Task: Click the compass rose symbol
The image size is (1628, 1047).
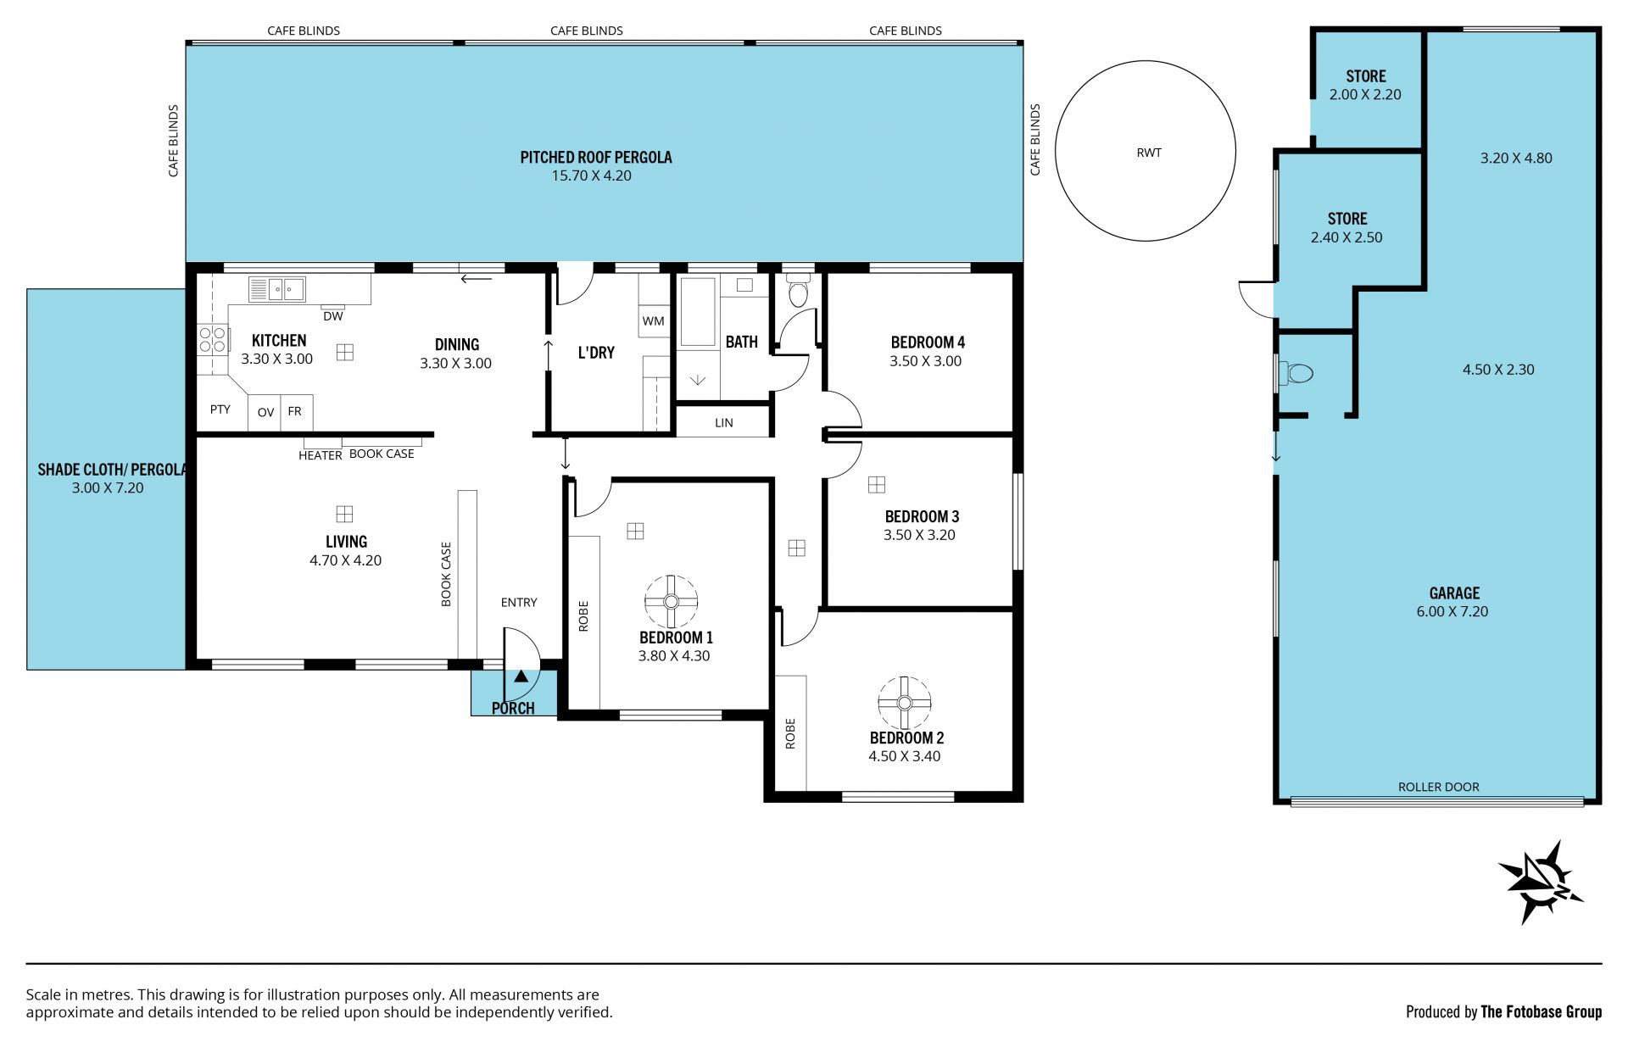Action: pos(1540,883)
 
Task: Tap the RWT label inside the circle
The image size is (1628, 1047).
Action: pos(1149,153)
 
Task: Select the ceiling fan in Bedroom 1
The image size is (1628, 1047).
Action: pos(671,602)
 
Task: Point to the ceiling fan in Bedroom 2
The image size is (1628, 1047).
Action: pos(904,702)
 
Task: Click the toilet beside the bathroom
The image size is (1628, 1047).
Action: pos(798,290)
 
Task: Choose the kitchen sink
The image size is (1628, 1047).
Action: pos(276,289)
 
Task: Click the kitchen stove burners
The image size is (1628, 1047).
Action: pos(213,339)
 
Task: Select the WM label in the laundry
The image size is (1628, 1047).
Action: pos(653,321)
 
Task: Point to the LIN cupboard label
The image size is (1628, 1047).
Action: pos(724,422)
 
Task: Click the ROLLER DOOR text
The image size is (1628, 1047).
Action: pos(1438,787)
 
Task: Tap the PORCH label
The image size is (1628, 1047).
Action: pos(513,708)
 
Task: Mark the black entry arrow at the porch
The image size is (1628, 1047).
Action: pos(521,677)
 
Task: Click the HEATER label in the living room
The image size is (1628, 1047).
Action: pos(321,455)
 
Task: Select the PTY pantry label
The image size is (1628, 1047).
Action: pos(220,409)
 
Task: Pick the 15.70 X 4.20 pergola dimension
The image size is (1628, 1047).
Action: pos(592,175)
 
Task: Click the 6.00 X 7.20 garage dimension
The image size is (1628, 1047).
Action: pos(1452,611)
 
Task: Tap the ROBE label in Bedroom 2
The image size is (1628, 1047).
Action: pos(790,733)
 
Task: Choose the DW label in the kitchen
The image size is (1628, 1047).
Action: pos(333,316)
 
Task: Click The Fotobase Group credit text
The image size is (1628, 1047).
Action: pos(1541,1011)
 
